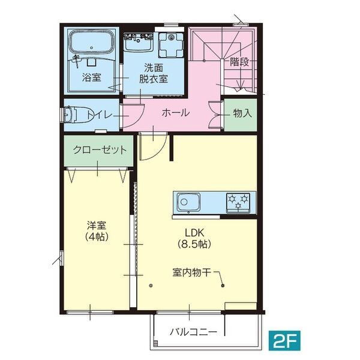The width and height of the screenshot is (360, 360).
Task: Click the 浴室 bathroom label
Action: tap(91, 77)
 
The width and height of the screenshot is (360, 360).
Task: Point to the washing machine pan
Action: tap(173, 43)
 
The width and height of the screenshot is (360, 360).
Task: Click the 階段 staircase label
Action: tap(239, 62)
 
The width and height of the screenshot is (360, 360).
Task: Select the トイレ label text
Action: tap(99, 114)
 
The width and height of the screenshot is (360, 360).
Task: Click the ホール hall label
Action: tap(176, 112)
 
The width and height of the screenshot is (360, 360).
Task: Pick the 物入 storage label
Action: tap(242, 113)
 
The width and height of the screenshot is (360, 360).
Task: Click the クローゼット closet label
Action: tap(100, 150)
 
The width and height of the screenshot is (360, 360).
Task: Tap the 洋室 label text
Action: tap(96, 226)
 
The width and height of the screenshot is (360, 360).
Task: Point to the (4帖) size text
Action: tap(96, 237)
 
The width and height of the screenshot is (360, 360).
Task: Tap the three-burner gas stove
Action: tap(240, 201)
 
